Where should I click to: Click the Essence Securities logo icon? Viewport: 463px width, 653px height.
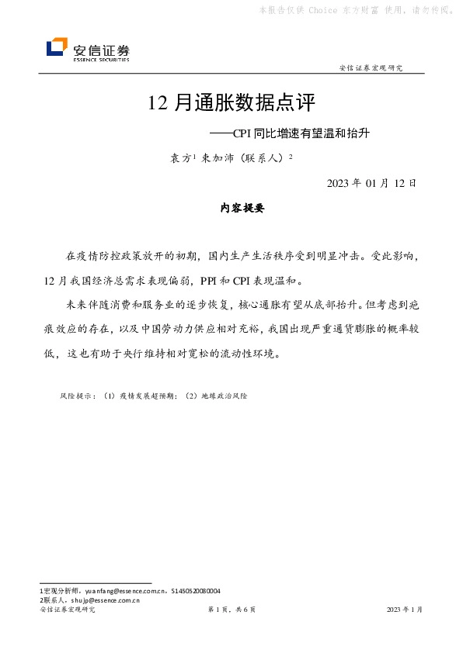(x=57, y=48)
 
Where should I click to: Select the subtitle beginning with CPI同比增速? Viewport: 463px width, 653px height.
(x=291, y=133)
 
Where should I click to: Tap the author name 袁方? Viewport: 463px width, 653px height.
(x=181, y=158)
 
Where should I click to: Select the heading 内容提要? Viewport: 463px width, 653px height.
(x=242, y=209)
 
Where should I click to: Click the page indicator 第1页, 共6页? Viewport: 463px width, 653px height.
(x=231, y=610)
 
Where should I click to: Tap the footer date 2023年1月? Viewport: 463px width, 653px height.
(x=405, y=610)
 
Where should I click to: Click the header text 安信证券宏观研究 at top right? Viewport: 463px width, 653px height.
(x=371, y=68)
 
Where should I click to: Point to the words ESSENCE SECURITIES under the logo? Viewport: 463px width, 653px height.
(x=101, y=59)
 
